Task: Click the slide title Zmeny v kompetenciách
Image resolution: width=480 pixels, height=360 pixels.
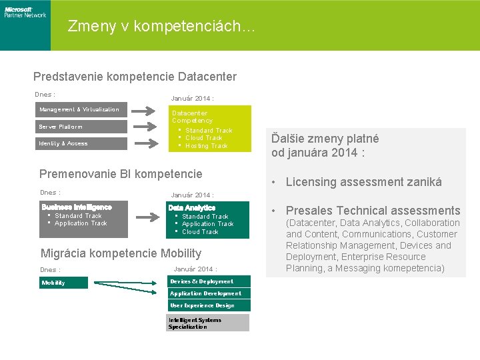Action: coord(161,27)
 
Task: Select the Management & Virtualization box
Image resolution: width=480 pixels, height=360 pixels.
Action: coord(79,109)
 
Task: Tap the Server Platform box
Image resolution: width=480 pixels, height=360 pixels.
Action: coord(79,126)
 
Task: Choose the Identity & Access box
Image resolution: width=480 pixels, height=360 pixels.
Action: coord(79,143)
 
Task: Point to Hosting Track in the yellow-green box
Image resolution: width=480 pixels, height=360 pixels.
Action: coord(206,146)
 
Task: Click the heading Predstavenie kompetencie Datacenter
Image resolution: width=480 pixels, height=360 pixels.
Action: coord(135,77)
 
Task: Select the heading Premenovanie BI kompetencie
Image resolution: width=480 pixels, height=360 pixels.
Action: coord(121,174)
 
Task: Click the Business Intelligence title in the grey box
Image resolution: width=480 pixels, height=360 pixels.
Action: coord(77,207)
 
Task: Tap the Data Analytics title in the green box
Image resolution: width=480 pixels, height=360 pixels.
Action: coord(192,208)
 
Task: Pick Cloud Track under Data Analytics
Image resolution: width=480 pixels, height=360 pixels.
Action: coord(200,232)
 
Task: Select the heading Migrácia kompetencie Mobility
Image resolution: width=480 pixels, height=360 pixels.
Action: coord(121,253)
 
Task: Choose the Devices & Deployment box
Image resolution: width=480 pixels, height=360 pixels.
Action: coord(209,281)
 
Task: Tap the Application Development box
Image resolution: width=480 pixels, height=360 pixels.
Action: coord(209,293)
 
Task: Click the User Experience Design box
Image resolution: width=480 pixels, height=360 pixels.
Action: coord(209,305)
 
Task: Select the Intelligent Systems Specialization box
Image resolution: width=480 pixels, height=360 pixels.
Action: coord(209,323)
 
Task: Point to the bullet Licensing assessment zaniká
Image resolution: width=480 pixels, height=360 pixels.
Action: coord(363,182)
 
